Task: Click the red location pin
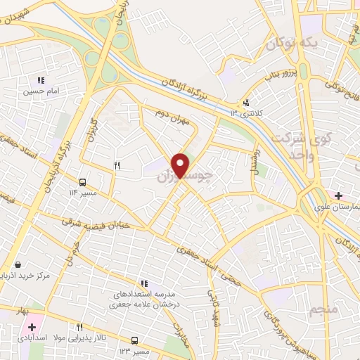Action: click(x=181, y=165)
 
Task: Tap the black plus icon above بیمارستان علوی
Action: click(x=340, y=195)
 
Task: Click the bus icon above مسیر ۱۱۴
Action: click(x=84, y=180)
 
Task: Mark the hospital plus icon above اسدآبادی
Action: click(x=32, y=327)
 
